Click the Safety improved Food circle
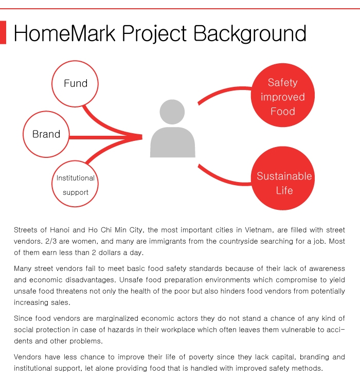pos(283,95)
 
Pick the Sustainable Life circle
pos(283,178)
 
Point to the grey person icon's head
pos(172,112)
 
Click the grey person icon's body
pos(173,142)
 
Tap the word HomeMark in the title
pos(65,33)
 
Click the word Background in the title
pos(250,34)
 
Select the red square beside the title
pos(3,32)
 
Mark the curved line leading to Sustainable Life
pos(224,178)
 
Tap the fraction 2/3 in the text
pos(51,241)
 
